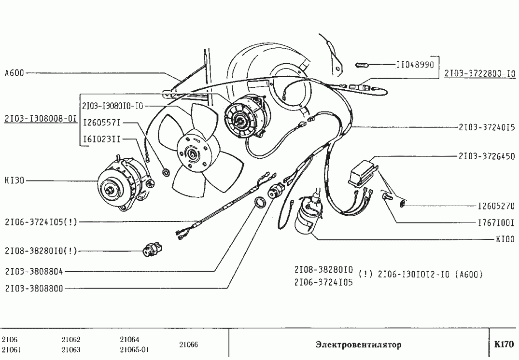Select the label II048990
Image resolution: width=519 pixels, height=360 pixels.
(x=415, y=64)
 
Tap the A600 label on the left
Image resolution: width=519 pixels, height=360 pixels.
(x=14, y=73)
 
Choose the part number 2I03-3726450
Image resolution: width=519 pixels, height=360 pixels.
(x=486, y=156)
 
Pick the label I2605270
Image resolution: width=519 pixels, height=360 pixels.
(x=496, y=206)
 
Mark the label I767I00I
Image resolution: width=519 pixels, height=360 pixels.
(x=496, y=223)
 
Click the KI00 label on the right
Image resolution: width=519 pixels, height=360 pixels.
(x=505, y=239)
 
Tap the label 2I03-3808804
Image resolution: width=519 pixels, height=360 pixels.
(x=34, y=271)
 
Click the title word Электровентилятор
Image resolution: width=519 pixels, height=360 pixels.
(x=358, y=345)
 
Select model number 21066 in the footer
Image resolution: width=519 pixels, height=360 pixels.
(x=188, y=345)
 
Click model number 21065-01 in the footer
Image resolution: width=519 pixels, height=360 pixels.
(x=134, y=350)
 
